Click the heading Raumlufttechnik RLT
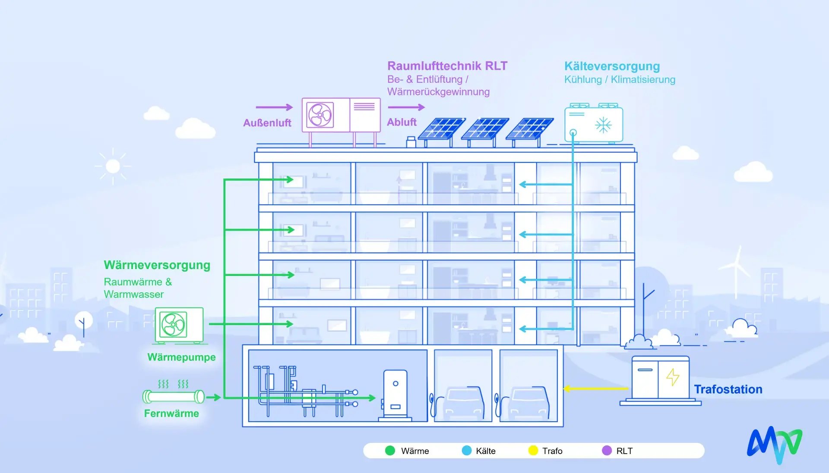pos(447,66)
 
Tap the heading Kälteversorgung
pos(612,66)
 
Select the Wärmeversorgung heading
pos(157,265)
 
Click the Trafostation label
pos(728,389)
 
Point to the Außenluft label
pos(267,123)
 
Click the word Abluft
pos(402,122)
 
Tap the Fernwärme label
pos(171,413)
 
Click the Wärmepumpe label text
pos(181,357)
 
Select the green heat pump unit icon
pos(179,326)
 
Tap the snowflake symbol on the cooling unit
pos(603,125)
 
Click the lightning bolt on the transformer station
pos(673,377)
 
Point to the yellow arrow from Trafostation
pos(596,388)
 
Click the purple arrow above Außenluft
pos(274,107)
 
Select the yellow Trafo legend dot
pos(533,451)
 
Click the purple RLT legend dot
pos(607,451)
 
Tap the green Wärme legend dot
pos(390,451)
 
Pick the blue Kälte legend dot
pos(467,451)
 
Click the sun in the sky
pos(113,166)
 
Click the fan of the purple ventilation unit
pos(320,115)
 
